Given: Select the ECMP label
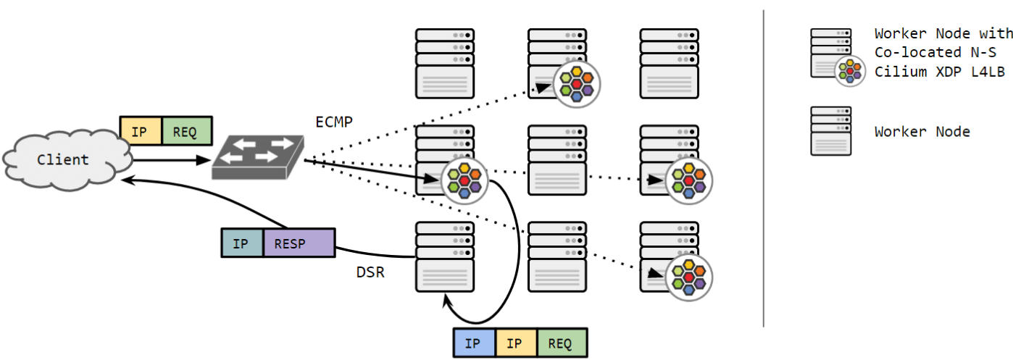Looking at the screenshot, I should [x=334, y=122].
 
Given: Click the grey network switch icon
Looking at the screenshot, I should [x=258, y=156].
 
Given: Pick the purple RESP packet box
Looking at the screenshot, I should [x=299, y=243].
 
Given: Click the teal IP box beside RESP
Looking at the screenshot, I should [x=242, y=243].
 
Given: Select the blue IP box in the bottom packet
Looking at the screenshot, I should [x=475, y=343].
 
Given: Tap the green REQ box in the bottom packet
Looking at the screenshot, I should [x=562, y=343].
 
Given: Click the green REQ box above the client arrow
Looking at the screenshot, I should [x=187, y=130].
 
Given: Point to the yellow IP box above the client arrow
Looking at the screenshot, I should [x=141, y=130].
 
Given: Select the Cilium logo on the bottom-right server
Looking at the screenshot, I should [x=689, y=275].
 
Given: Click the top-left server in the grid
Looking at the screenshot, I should [x=444, y=63].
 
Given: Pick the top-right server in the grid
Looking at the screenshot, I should [x=669, y=63].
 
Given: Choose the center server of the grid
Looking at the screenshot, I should [x=556, y=159].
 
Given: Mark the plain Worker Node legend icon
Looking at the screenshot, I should [x=830, y=131].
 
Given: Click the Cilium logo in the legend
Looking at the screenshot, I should [x=849, y=70].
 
